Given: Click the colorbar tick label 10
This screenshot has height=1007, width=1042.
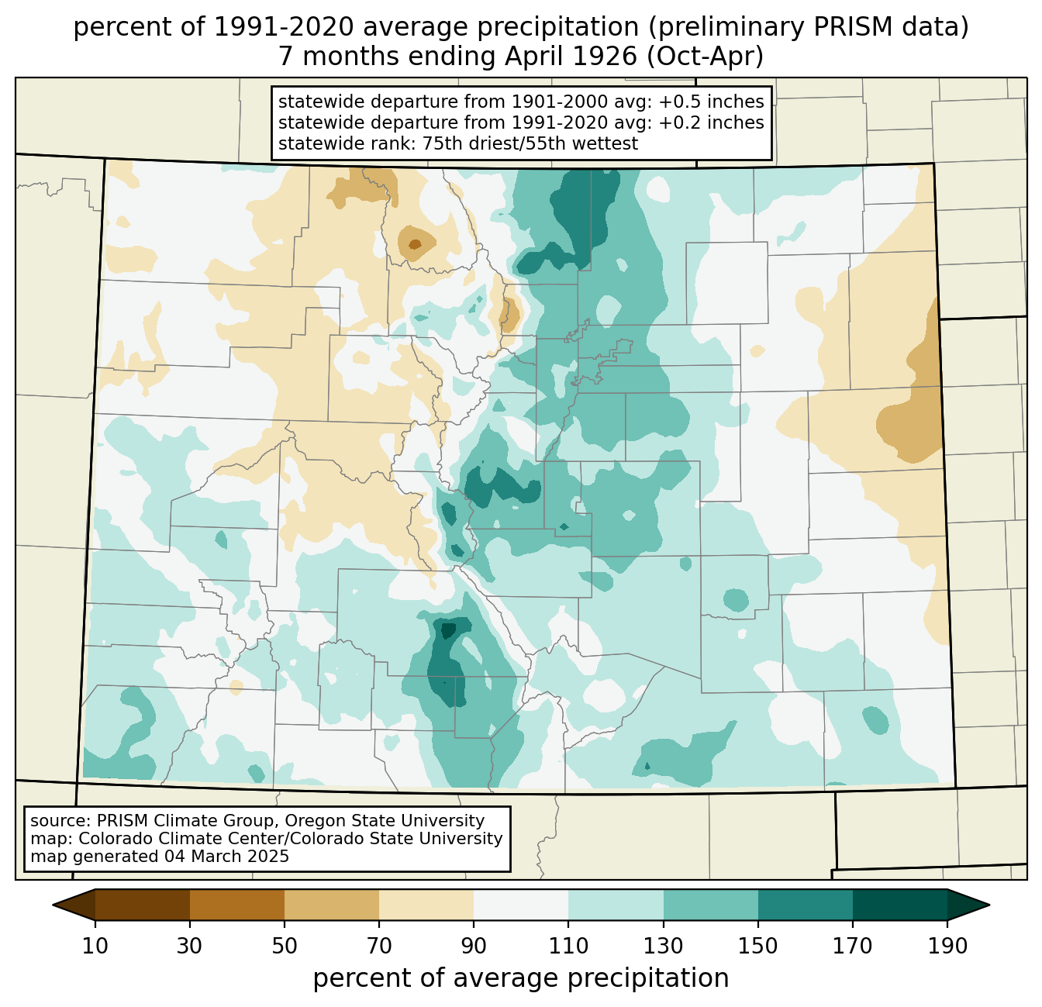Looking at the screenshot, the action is coord(95,946).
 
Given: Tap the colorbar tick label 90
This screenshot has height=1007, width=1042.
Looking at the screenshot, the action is coord(474,946).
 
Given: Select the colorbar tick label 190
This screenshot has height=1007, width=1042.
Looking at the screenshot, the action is coord(947,946).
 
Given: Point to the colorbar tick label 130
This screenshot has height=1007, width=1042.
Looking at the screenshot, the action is coord(663,946).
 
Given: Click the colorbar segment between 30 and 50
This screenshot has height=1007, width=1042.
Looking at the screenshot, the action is coord(237,905).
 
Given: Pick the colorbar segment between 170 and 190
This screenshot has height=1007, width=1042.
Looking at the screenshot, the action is coord(900,905).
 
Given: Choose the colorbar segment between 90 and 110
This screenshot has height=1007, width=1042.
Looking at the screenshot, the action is coord(521,905).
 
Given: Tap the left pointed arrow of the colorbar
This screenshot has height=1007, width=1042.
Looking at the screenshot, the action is coord(74,905).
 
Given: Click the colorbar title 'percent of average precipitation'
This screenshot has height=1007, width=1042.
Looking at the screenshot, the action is coord(521,978).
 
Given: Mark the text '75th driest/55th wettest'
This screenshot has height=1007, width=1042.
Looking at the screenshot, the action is coord(530,143).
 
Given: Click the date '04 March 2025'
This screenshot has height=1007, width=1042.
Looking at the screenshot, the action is coord(226,856).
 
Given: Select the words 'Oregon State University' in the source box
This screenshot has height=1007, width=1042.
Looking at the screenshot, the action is coord(385,821).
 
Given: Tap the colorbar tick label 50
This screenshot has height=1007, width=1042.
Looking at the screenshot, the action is coord(285,946).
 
